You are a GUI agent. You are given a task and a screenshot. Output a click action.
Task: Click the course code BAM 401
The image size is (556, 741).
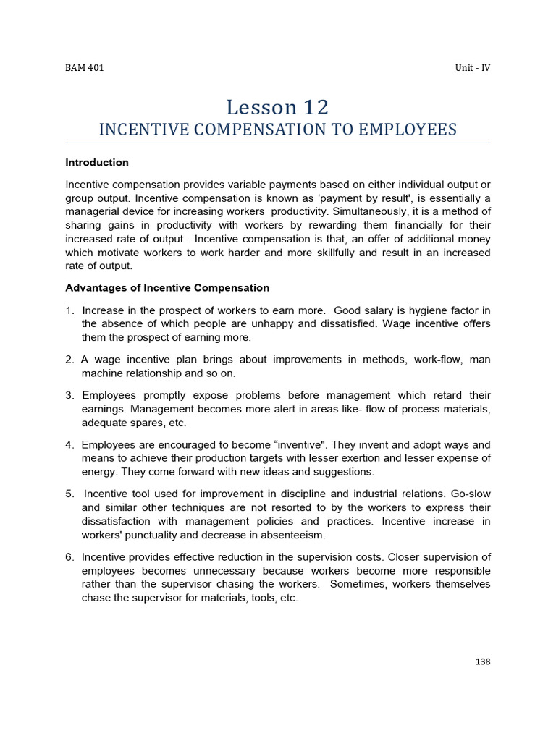85,68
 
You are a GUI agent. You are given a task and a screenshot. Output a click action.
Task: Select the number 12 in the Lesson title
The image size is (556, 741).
316,107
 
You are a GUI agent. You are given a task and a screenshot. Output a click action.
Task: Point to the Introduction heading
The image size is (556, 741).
97,162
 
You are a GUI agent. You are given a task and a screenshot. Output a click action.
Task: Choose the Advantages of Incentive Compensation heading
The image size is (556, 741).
167,287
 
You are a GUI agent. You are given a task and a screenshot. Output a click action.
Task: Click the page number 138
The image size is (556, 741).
483,661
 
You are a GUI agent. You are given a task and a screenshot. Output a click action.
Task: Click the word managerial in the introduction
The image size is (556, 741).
96,211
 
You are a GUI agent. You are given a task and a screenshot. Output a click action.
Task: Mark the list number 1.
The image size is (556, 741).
69,310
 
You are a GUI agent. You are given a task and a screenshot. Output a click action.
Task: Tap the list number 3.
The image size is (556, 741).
69,395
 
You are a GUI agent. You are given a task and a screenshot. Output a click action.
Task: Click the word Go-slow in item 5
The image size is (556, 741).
472,494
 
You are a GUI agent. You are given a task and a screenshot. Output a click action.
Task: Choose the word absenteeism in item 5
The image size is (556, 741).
292,535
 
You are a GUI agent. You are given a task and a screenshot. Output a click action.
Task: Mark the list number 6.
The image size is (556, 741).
69,556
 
